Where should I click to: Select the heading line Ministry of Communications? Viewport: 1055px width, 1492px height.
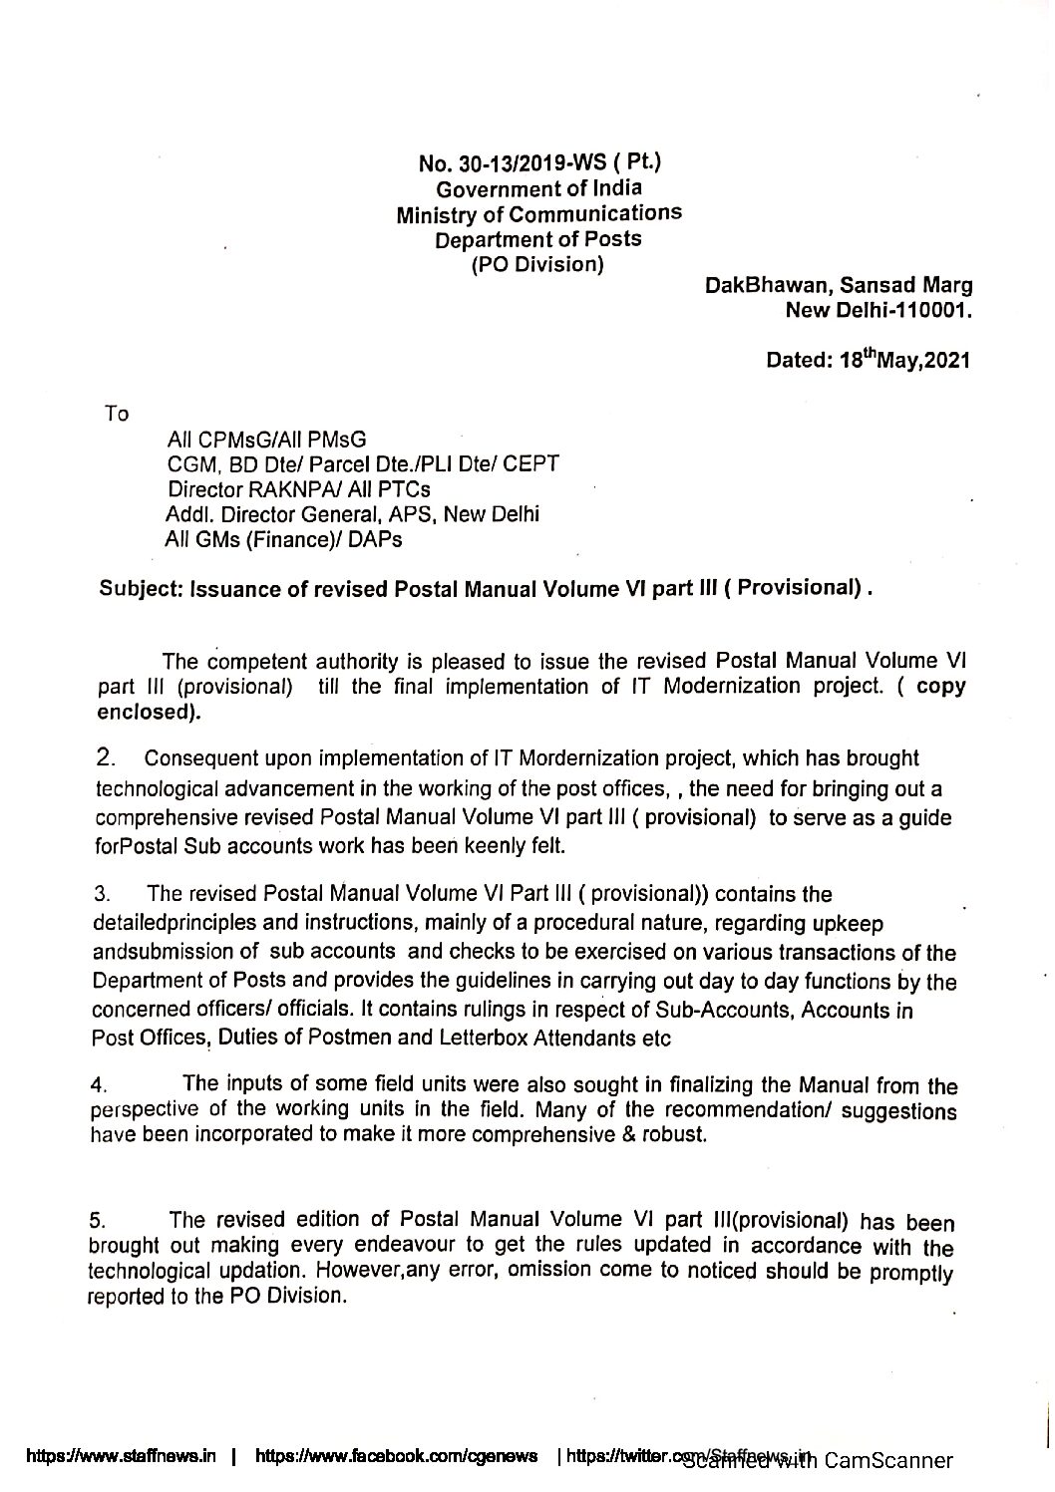pyautogui.click(x=538, y=214)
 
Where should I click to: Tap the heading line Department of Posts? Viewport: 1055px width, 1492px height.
pyautogui.click(x=538, y=239)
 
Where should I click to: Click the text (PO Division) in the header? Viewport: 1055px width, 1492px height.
pyautogui.click(x=537, y=264)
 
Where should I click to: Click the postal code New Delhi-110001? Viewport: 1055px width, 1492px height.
pyautogui.click(x=879, y=310)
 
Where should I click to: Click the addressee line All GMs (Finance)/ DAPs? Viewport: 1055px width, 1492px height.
pyautogui.click(x=284, y=540)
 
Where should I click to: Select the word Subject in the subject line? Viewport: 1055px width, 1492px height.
pyautogui.click(x=139, y=589)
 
